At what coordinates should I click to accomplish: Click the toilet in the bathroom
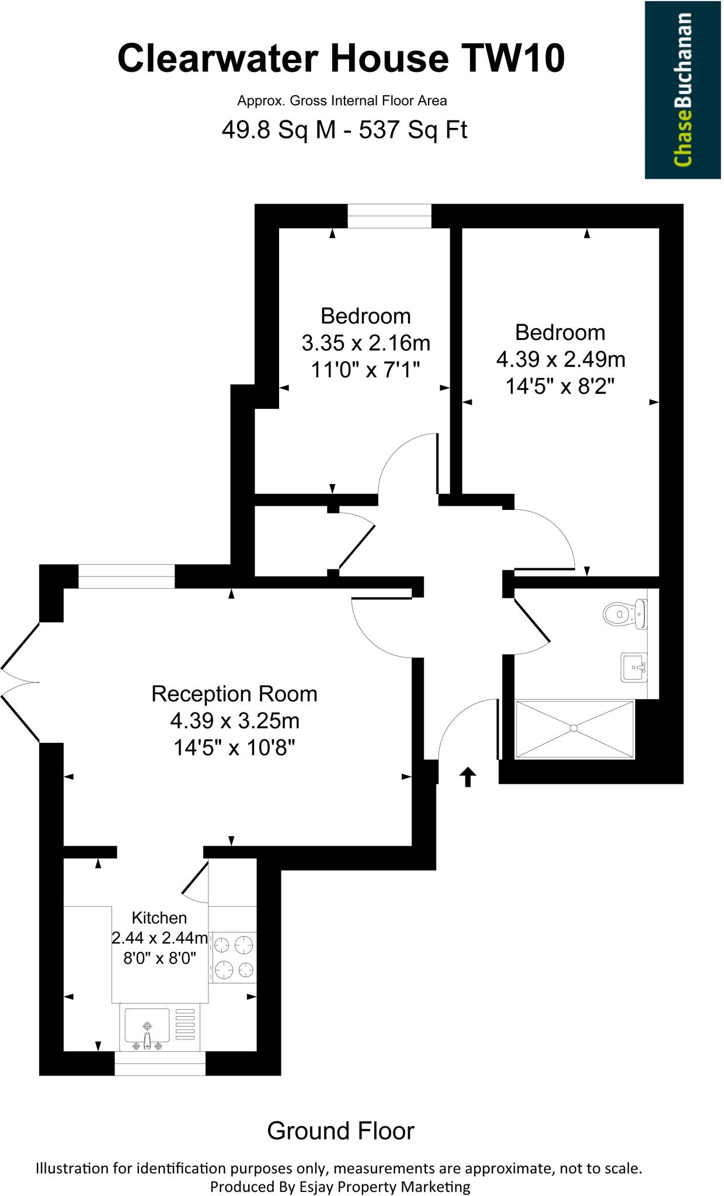coord(622,614)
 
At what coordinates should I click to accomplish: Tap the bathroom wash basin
coord(634,667)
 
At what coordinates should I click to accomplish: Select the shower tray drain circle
coord(574,728)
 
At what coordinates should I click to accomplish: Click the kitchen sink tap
coord(147,1039)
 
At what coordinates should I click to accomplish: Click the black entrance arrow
coord(468,777)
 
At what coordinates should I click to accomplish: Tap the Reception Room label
coord(234,694)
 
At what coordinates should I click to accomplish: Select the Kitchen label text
coord(159,917)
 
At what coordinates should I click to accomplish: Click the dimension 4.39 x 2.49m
coord(561,359)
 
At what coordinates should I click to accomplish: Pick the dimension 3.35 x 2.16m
coord(366,343)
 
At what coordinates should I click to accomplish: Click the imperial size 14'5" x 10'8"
coord(234,747)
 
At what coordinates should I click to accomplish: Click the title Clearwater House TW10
coord(342,60)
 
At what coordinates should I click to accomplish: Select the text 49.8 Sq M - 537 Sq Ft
coord(344,130)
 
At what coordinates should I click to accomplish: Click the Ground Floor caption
coord(340,1131)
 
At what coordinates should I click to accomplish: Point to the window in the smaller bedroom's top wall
coord(389,216)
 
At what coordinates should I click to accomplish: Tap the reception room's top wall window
coord(126,576)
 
